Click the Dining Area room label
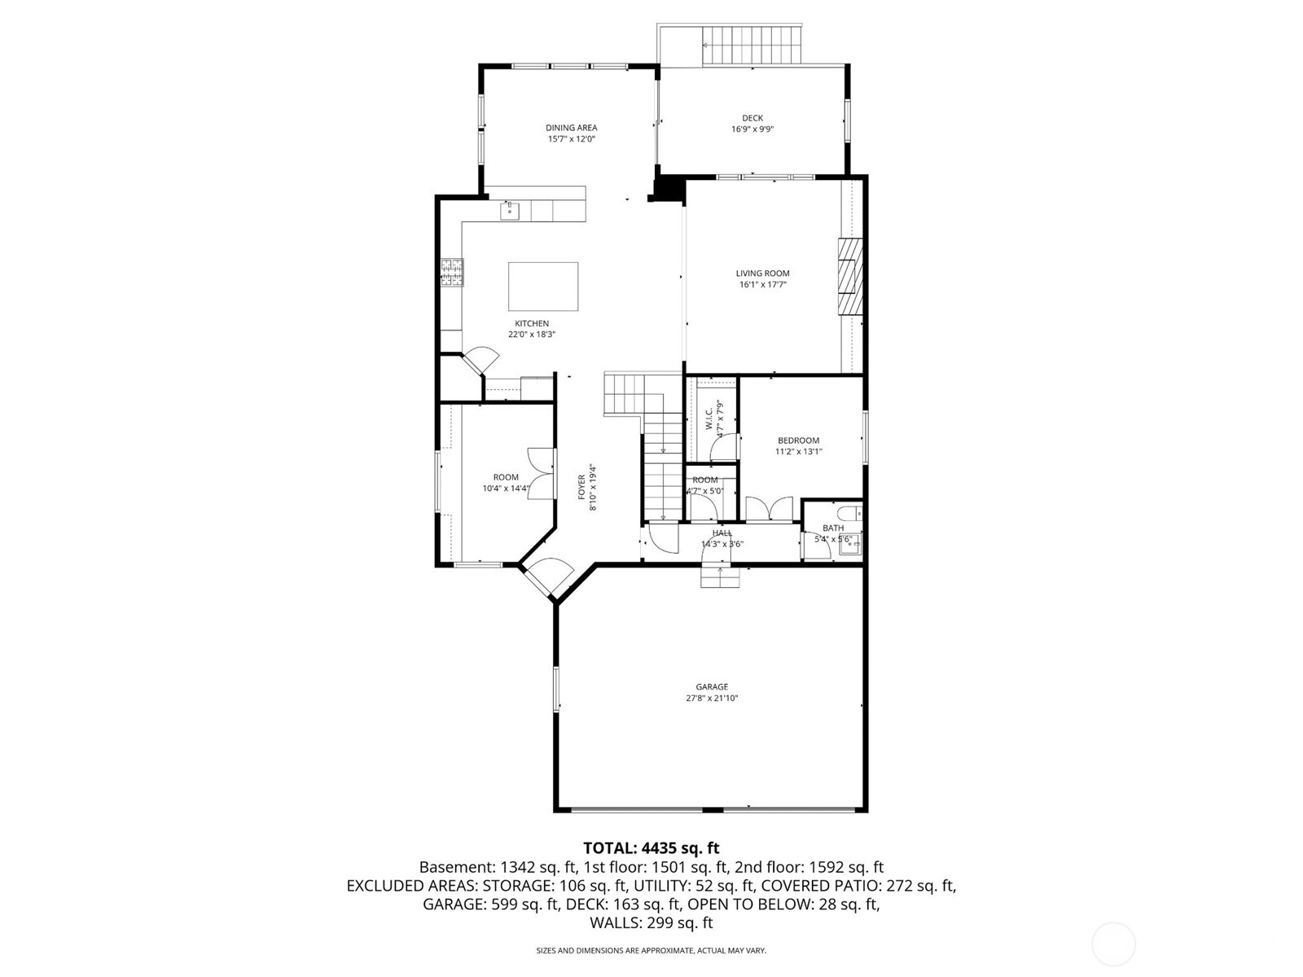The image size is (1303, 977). [x=571, y=128]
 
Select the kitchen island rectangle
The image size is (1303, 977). [x=543, y=286]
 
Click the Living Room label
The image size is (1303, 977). [x=762, y=274]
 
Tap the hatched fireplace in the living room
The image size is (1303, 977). [x=849, y=276]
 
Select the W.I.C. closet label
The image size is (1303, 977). [x=708, y=418]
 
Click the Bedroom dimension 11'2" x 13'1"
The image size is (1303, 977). [x=798, y=451]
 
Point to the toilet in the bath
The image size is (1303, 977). [x=850, y=514]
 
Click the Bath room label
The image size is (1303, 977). [x=832, y=528]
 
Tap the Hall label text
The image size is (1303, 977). [x=722, y=532]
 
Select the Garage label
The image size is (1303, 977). [x=712, y=686]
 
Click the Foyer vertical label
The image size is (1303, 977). [x=582, y=487]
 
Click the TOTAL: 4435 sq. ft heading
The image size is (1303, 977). [x=651, y=848]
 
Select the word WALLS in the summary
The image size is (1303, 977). [x=615, y=922]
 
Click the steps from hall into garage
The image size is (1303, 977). [x=721, y=576]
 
